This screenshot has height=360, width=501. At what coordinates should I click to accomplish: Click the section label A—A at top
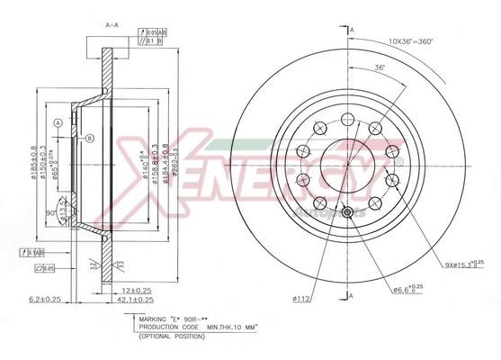coord(111,26)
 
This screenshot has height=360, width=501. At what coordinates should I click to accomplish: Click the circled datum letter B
coord(90,138)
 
